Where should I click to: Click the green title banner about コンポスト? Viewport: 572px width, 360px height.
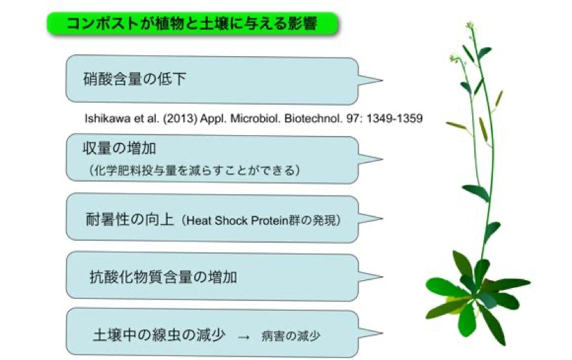[x=193, y=24]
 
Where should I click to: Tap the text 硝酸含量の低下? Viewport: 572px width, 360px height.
[x=135, y=79]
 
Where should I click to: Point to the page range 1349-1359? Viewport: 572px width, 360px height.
[x=395, y=119]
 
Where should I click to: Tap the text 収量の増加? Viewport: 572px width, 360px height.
[x=120, y=148]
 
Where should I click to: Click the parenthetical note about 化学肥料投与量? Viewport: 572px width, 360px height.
[x=194, y=170]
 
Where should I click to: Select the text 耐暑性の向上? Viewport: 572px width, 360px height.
[x=130, y=219]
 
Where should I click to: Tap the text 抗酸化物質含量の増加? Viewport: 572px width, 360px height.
[x=163, y=277]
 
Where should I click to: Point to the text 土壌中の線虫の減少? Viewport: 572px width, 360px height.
[x=159, y=335]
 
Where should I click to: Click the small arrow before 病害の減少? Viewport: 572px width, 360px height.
[x=243, y=337]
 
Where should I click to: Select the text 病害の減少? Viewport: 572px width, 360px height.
[x=291, y=336]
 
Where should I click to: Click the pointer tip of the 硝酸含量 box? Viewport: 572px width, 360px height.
[x=382, y=80]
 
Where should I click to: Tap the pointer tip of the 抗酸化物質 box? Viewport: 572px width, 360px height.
[x=382, y=276]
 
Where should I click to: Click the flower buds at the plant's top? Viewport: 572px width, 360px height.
[x=470, y=26]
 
